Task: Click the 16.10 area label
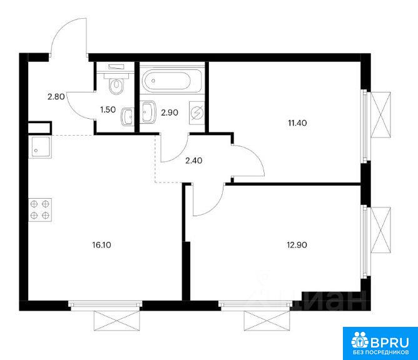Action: tap(101, 245)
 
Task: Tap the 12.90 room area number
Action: tap(297, 245)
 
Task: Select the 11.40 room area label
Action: tap(297, 123)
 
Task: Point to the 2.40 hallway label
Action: tap(194, 161)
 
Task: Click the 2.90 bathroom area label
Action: tap(170, 112)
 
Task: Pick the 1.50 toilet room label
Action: tap(108, 109)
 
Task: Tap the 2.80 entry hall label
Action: tap(56, 96)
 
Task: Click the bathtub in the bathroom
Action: tap(166, 79)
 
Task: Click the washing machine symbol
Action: tap(196, 113)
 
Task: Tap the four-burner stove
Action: tap(40, 210)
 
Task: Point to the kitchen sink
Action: tap(40, 147)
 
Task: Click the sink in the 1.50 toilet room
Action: tap(128, 117)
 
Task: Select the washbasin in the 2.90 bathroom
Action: tap(148, 112)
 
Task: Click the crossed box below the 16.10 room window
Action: tap(117, 321)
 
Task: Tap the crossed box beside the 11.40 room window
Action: tap(380, 115)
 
